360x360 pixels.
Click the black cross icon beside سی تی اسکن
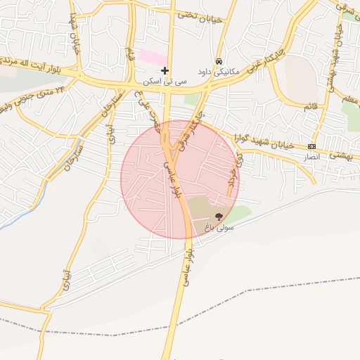click(165, 70)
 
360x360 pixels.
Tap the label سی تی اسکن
click(165, 82)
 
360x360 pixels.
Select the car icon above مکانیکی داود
click(220, 61)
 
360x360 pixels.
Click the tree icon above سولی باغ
click(218, 217)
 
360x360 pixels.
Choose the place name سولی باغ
click(218, 228)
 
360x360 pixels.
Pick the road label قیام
click(129, 53)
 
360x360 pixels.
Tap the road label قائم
click(309, 106)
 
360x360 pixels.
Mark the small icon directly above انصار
click(311, 146)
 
